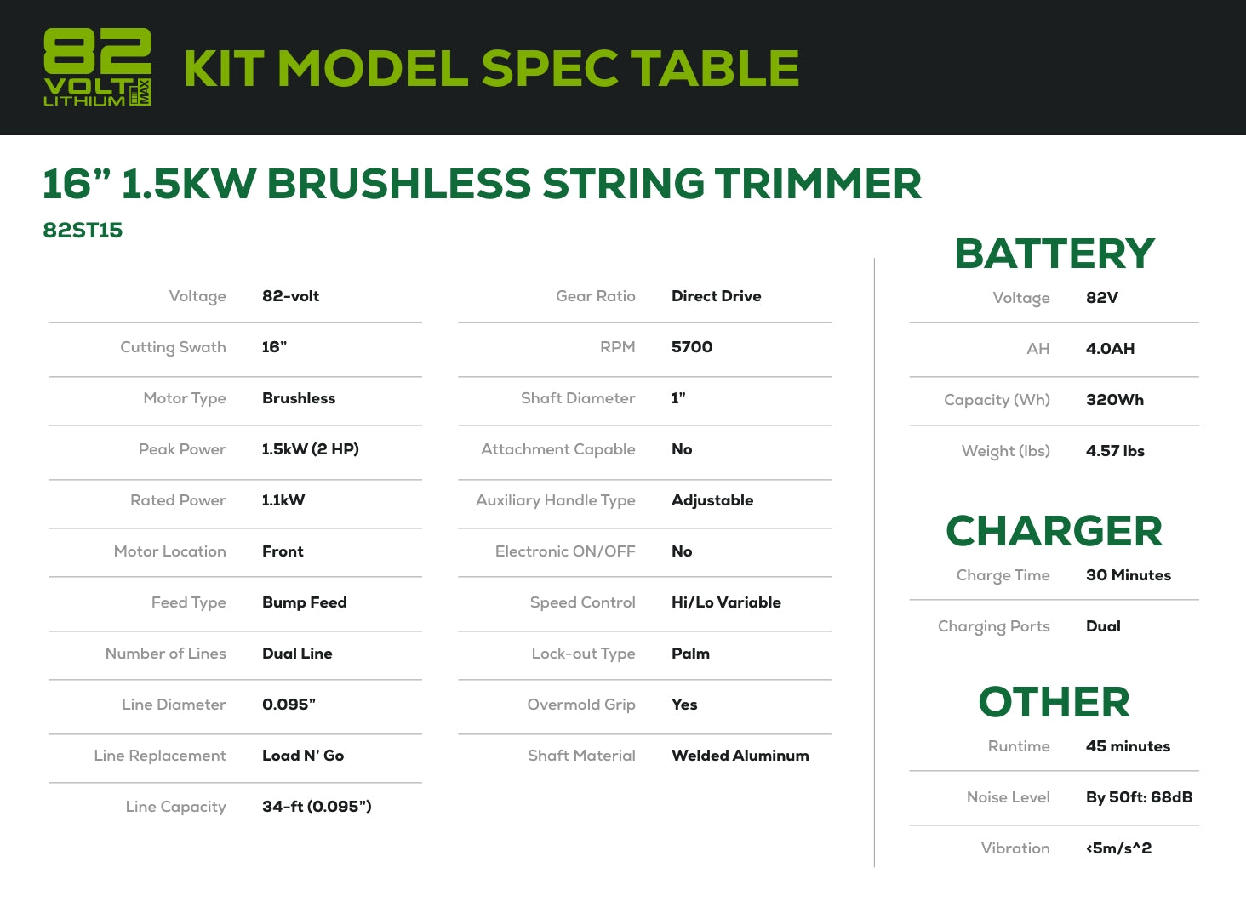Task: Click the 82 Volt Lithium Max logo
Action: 97,66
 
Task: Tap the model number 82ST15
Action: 83,231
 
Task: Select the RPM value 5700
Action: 691,347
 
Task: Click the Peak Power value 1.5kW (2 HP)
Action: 311,449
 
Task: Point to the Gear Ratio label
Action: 595,296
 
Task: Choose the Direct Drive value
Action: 716,296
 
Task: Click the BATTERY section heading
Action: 1055,254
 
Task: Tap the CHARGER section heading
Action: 1055,531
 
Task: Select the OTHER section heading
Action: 1055,701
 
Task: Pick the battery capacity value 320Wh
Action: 1115,399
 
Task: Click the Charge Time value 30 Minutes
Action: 1128,574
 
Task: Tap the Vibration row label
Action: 1015,848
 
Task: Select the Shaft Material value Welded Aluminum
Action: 740,756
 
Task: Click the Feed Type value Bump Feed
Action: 305,602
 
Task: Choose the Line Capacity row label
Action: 176,807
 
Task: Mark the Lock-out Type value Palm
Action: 690,654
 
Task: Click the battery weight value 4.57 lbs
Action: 1115,451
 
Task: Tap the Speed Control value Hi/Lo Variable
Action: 726,602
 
